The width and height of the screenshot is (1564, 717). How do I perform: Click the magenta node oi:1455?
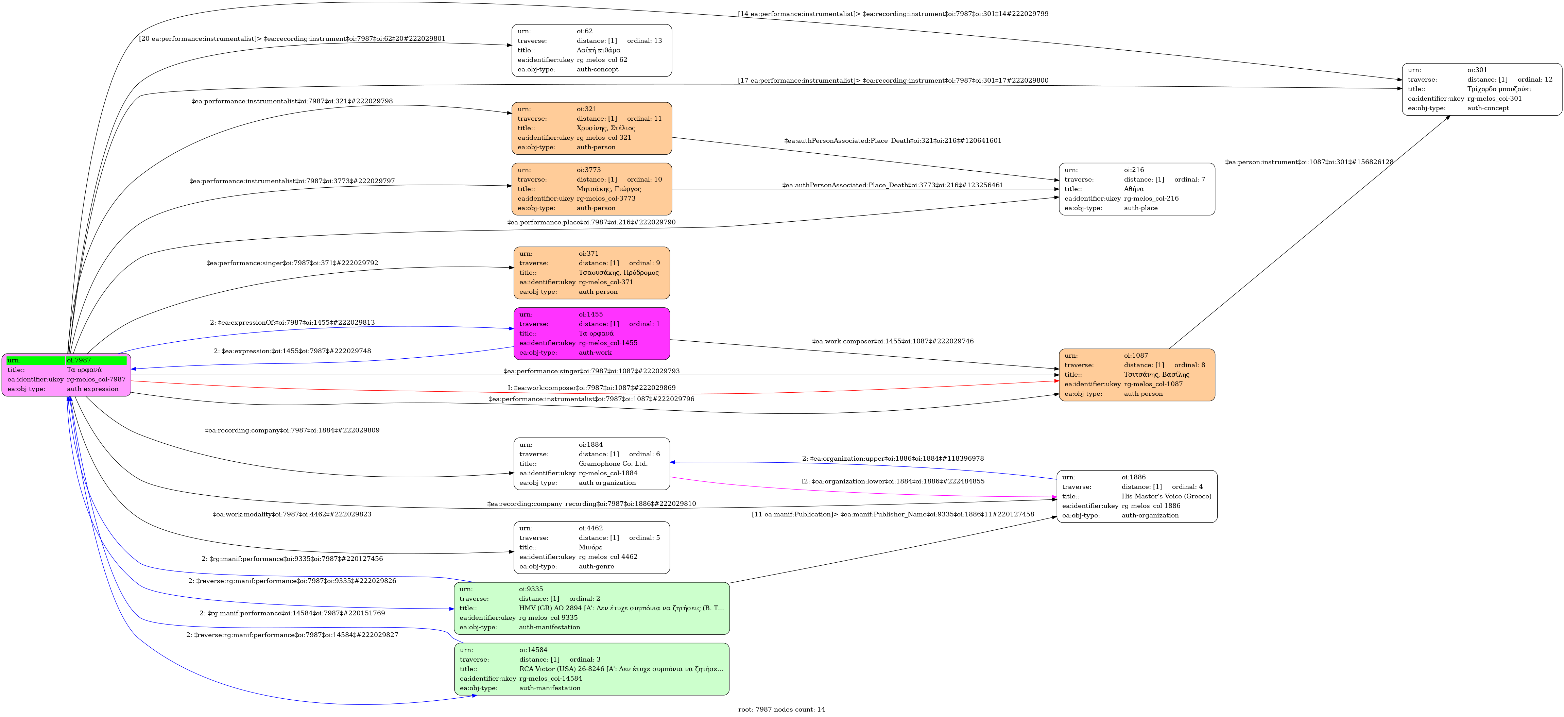(591, 333)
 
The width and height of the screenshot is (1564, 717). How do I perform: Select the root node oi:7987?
(66, 375)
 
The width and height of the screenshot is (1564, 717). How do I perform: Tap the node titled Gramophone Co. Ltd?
(591, 464)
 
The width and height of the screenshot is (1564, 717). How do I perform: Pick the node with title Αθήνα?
(1137, 189)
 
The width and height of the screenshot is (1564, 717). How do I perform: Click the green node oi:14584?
(591, 669)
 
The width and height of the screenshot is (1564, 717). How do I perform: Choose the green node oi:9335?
(591, 608)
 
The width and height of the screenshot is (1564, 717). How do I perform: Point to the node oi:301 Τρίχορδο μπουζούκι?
(1482, 89)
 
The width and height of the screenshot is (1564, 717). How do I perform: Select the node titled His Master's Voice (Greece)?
(1137, 496)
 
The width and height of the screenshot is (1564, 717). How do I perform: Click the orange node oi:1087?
(1137, 375)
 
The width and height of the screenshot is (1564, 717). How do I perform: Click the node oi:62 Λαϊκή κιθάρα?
(591, 50)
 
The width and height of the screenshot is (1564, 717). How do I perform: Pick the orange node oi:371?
(591, 273)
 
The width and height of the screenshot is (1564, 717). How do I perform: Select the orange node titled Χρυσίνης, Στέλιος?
(591, 128)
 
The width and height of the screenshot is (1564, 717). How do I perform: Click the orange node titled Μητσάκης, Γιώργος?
(591, 189)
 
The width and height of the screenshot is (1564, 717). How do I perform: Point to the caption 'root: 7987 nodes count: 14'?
(781, 709)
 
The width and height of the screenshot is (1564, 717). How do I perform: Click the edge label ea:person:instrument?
(1309, 162)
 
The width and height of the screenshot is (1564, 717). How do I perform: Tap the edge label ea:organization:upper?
(893, 458)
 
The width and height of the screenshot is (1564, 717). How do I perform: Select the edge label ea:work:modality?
(292, 514)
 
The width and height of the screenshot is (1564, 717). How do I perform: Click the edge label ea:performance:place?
(591, 222)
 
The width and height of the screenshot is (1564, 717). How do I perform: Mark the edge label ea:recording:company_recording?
(591, 504)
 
